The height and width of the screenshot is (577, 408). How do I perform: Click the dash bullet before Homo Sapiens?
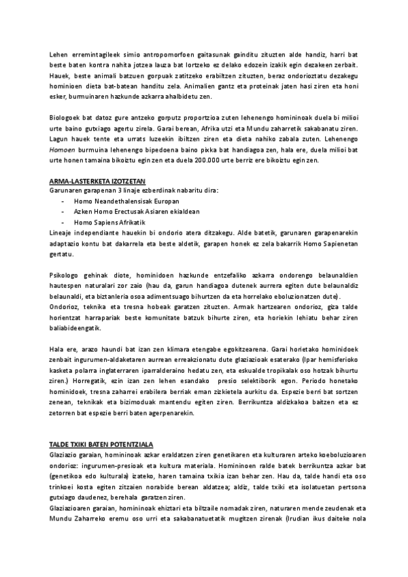(63, 222)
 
